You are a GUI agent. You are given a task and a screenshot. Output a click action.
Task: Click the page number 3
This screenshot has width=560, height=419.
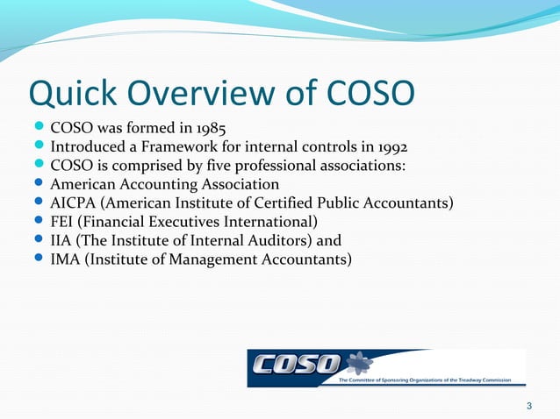pyautogui.click(x=528, y=404)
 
